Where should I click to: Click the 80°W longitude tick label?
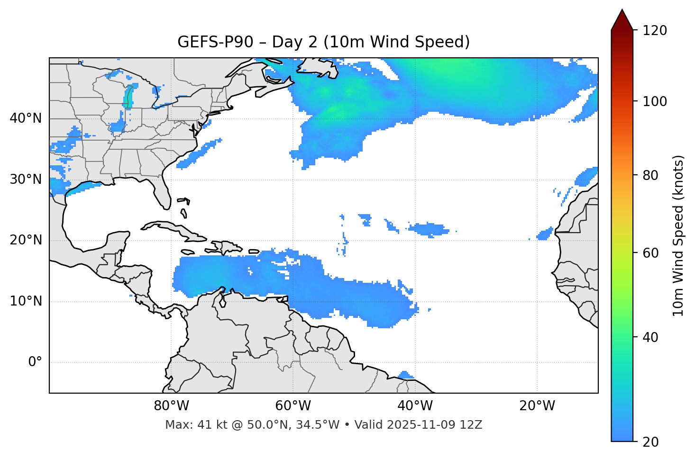coord(171,406)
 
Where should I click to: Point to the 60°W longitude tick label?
coord(293,406)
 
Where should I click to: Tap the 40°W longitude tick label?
coord(415,406)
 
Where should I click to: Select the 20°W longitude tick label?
coord(537,406)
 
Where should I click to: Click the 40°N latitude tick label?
coord(26,118)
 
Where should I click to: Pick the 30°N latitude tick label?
coord(26,180)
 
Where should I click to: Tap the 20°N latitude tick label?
coord(26,241)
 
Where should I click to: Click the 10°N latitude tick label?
coord(26,301)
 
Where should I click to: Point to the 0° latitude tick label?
coord(35,362)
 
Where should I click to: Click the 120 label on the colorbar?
coord(655,31)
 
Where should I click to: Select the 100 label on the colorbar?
coord(655,101)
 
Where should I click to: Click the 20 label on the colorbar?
coord(651,442)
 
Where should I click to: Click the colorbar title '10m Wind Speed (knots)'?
coord(678,235)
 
